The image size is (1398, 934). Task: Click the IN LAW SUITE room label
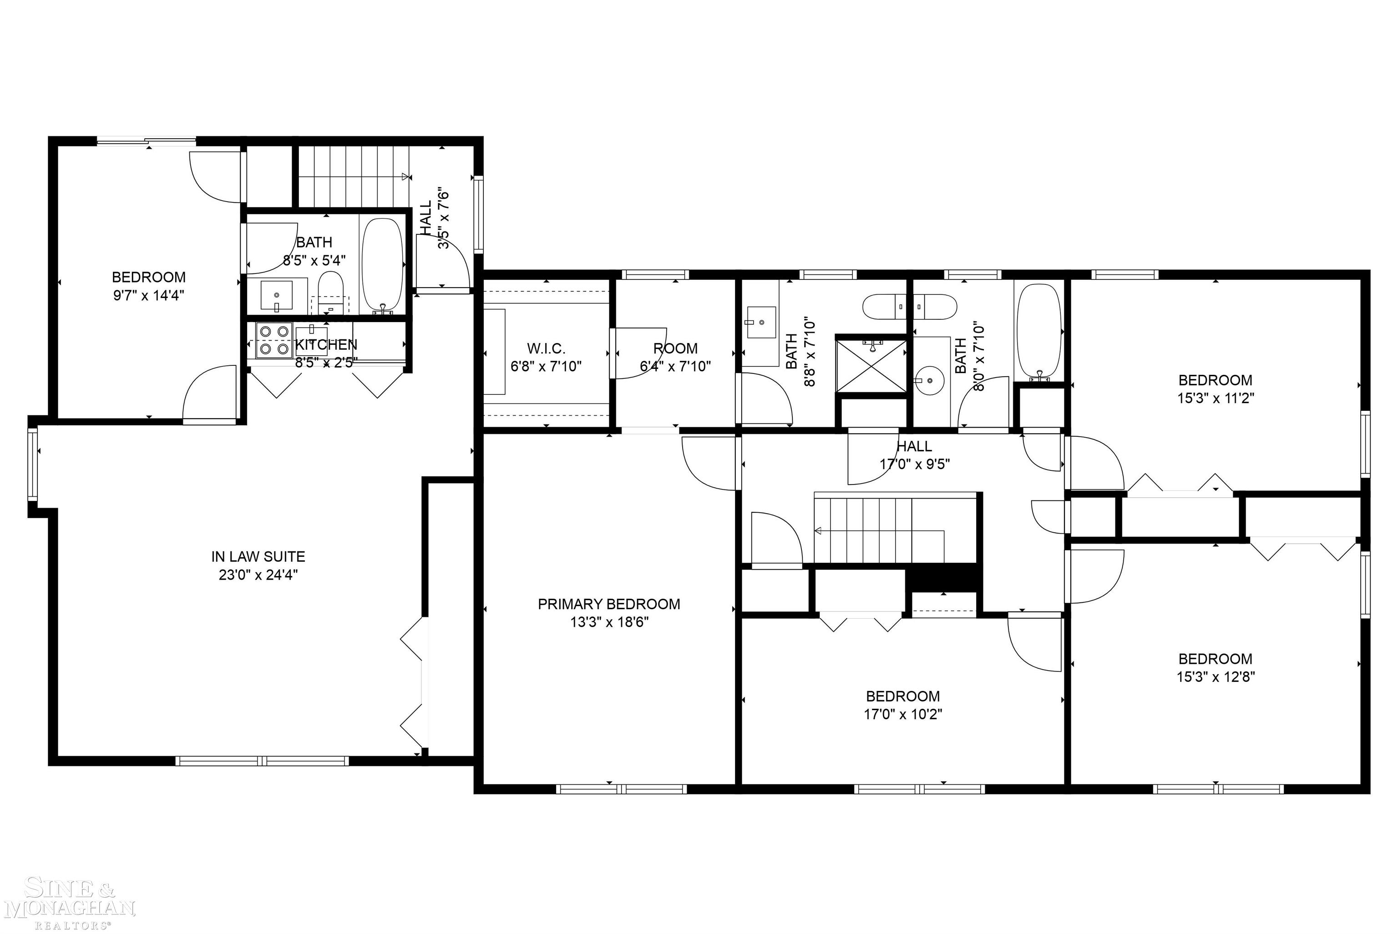tap(258, 557)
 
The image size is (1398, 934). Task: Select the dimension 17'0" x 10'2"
tap(902, 714)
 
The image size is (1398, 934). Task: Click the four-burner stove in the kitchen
tap(274, 340)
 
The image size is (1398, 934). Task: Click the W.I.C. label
tap(546, 348)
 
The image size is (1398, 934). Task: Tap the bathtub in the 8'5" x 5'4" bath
tap(383, 265)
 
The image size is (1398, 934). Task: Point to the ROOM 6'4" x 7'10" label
tap(675, 357)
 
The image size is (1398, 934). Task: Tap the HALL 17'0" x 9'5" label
tap(914, 454)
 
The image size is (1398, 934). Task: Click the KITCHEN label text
tap(326, 345)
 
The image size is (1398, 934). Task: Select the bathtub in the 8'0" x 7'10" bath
tap(1038, 331)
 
